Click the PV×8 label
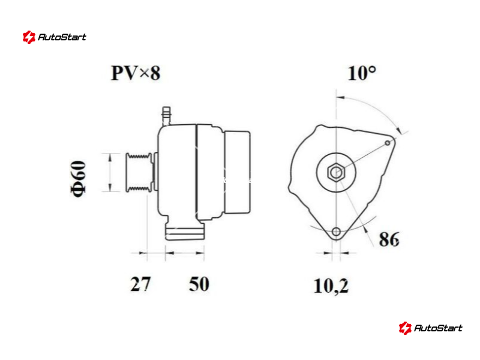(x=136, y=73)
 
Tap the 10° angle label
(x=362, y=73)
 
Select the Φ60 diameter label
(x=78, y=178)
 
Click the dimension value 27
(x=140, y=284)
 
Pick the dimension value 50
(x=199, y=284)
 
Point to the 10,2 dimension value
(x=331, y=286)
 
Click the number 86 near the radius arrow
(x=389, y=239)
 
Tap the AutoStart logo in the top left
(x=55, y=37)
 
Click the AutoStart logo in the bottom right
(x=430, y=328)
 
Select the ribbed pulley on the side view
(x=139, y=172)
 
